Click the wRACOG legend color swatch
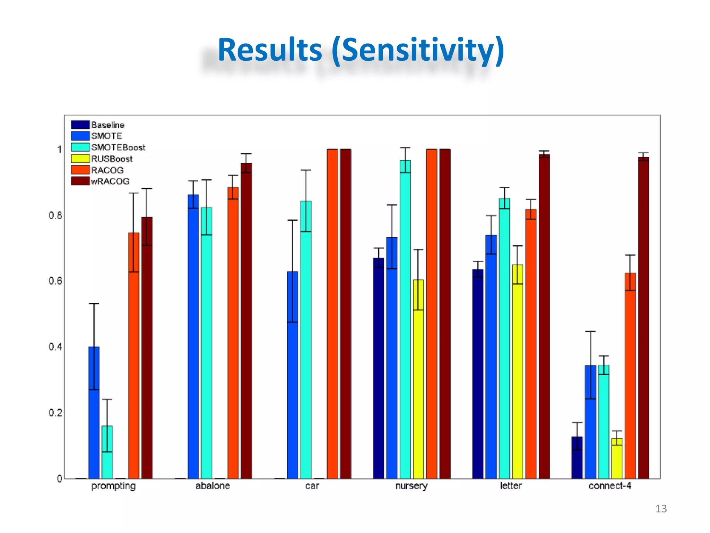[x=80, y=181]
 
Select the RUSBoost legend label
[x=112, y=159]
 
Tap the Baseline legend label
[x=107, y=125]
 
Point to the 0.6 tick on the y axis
[x=55, y=281]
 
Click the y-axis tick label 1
[x=59, y=150]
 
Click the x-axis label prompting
[x=113, y=486]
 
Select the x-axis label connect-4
[x=610, y=486]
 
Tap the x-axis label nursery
[x=411, y=486]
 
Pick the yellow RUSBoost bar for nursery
[x=418, y=382]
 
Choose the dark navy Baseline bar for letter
[x=478, y=375]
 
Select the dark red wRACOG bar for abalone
[x=246, y=323]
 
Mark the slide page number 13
[x=661, y=509]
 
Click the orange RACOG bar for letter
[x=531, y=347]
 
